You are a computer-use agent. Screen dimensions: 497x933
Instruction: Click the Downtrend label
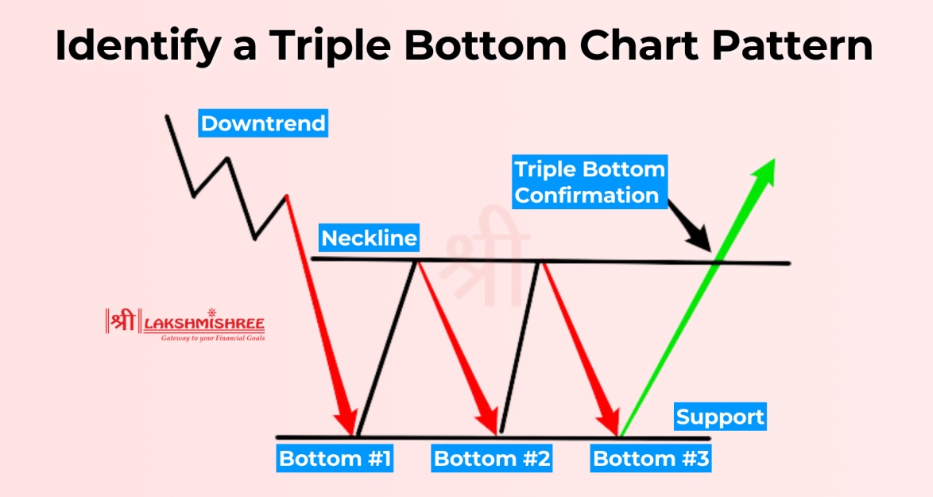coord(263,124)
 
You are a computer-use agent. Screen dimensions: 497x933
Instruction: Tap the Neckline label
coord(369,238)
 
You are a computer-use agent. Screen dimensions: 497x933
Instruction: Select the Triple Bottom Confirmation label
coord(589,182)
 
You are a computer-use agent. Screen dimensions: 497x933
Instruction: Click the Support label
coord(720,417)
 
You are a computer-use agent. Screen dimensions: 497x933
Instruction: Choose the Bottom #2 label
coord(492,459)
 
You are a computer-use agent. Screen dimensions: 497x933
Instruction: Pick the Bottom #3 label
coord(652,459)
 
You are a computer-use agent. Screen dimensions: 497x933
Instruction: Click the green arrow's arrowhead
coord(763,172)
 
